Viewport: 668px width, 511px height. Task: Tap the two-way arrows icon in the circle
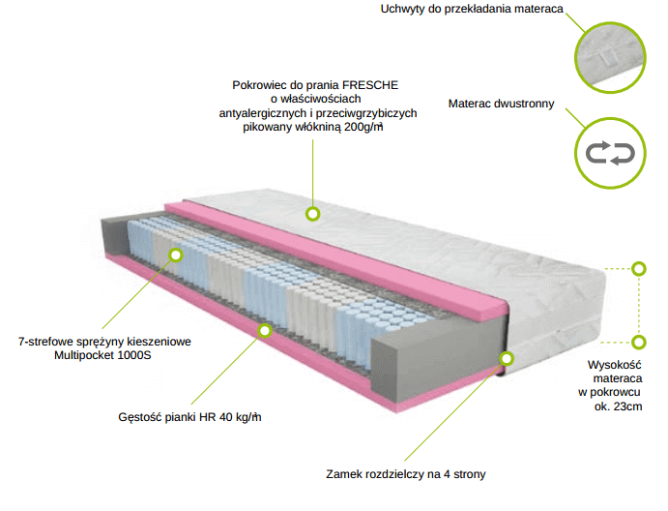click(610, 154)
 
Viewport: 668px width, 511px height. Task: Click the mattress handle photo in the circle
click(610, 57)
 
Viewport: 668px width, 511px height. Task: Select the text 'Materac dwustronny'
click(501, 104)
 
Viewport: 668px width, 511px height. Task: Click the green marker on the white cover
click(313, 214)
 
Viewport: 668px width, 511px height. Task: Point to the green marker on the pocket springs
click(176, 255)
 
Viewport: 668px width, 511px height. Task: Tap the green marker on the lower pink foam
click(265, 331)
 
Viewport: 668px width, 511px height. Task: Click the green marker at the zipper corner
click(507, 358)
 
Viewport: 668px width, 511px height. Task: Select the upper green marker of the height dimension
click(639, 269)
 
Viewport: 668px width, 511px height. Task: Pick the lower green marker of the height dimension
click(639, 342)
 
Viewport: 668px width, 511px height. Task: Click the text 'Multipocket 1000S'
click(102, 355)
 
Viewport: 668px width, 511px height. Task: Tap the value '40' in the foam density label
click(226, 417)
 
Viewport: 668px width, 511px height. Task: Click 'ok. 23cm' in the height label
click(618, 406)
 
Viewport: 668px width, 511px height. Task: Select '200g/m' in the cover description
click(363, 127)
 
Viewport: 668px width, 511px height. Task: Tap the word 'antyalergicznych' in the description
click(263, 113)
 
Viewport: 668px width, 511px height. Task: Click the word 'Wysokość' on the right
click(614, 365)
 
